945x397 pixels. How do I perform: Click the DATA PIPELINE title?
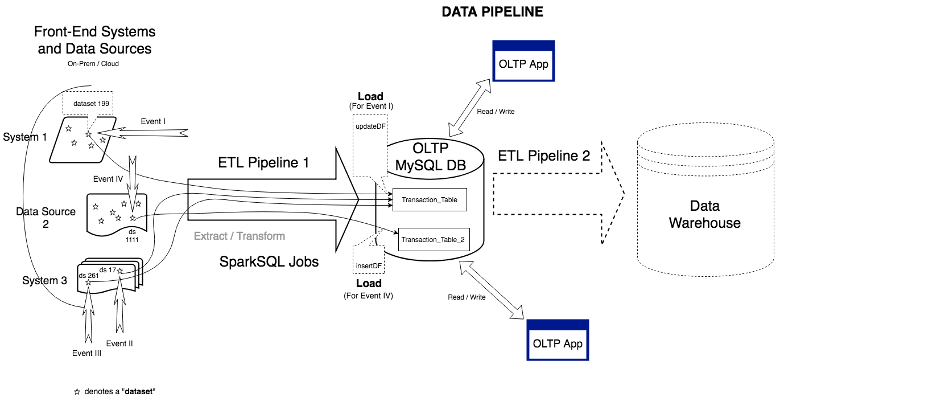(x=492, y=12)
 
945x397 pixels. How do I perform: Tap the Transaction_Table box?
(x=430, y=200)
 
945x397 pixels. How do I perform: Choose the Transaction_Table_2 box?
(x=433, y=240)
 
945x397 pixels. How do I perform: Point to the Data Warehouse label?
(x=705, y=214)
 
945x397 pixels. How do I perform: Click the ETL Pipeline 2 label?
(x=544, y=156)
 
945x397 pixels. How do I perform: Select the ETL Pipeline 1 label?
(x=263, y=163)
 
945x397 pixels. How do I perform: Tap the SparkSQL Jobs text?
(x=269, y=262)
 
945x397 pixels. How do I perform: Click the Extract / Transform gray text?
(x=240, y=236)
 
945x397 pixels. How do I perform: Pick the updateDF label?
(x=370, y=126)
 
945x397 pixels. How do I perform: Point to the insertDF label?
(x=369, y=266)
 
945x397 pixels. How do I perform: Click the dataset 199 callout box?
(x=91, y=104)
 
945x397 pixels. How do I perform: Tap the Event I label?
(x=153, y=121)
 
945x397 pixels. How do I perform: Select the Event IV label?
(x=108, y=179)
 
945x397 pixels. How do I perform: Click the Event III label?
(x=86, y=353)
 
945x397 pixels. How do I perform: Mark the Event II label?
(x=119, y=343)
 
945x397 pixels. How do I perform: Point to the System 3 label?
(x=44, y=281)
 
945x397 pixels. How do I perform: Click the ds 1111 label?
(x=132, y=236)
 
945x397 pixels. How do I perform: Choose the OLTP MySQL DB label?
(x=431, y=157)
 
